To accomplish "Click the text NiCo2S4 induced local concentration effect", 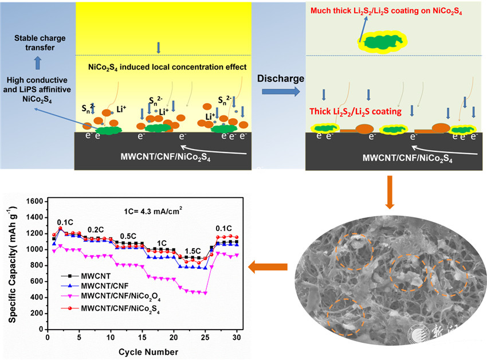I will tap(167, 67).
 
